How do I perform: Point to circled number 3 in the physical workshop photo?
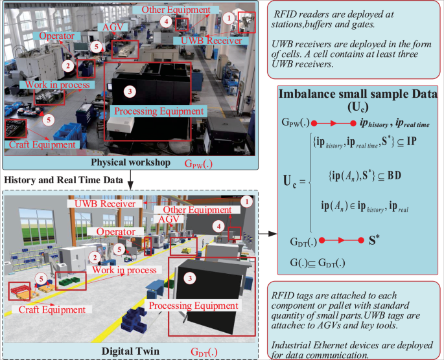point(132,91)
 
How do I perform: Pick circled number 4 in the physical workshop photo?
point(167,21)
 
